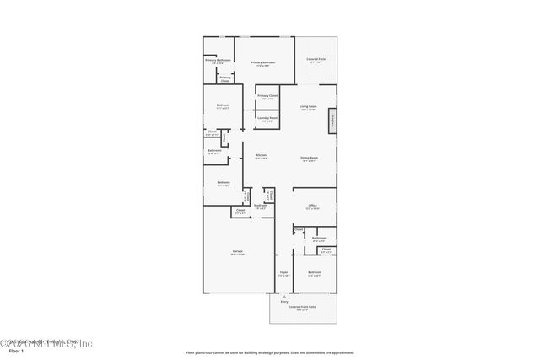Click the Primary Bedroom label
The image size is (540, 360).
(262, 64)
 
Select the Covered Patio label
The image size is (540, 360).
(317, 60)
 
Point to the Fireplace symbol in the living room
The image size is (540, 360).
(332, 120)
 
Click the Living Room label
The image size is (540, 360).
(308, 108)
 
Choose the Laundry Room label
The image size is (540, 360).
(269, 120)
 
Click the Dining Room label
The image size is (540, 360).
(309, 159)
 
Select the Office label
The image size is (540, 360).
(311, 207)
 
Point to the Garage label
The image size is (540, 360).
(238, 253)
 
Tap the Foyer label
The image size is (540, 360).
(283, 275)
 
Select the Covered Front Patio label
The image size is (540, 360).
(303, 309)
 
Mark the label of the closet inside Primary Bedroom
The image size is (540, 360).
(225, 78)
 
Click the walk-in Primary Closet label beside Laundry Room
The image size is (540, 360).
(268, 97)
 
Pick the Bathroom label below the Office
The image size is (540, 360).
(318, 239)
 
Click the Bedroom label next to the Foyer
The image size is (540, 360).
(314, 274)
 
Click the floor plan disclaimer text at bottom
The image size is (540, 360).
(269, 352)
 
